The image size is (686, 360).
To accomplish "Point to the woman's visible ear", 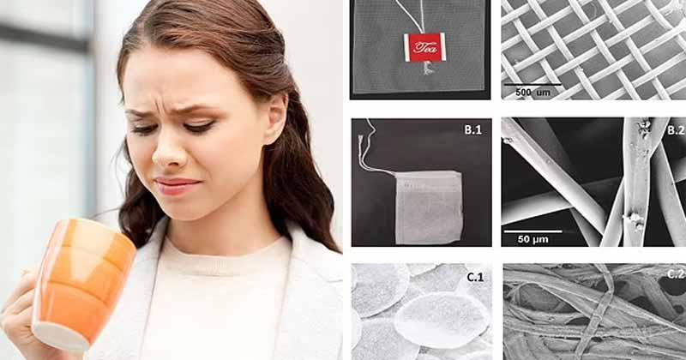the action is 275,117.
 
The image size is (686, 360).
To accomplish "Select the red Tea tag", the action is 424,47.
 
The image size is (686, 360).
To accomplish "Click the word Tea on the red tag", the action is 424,47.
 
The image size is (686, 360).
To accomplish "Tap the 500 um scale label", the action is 533,93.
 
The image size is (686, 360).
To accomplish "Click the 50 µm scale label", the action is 533,239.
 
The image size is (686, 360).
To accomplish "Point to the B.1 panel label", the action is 472,130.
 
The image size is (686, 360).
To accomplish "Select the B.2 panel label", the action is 677,129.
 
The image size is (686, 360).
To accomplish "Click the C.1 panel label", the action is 475,277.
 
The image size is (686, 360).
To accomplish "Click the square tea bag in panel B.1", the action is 429,207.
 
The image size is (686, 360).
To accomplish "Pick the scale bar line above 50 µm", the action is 533,231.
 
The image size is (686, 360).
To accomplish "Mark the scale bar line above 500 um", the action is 533,84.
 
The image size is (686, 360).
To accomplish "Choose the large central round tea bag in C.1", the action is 441,321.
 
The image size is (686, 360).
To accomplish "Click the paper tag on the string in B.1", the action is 360,140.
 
